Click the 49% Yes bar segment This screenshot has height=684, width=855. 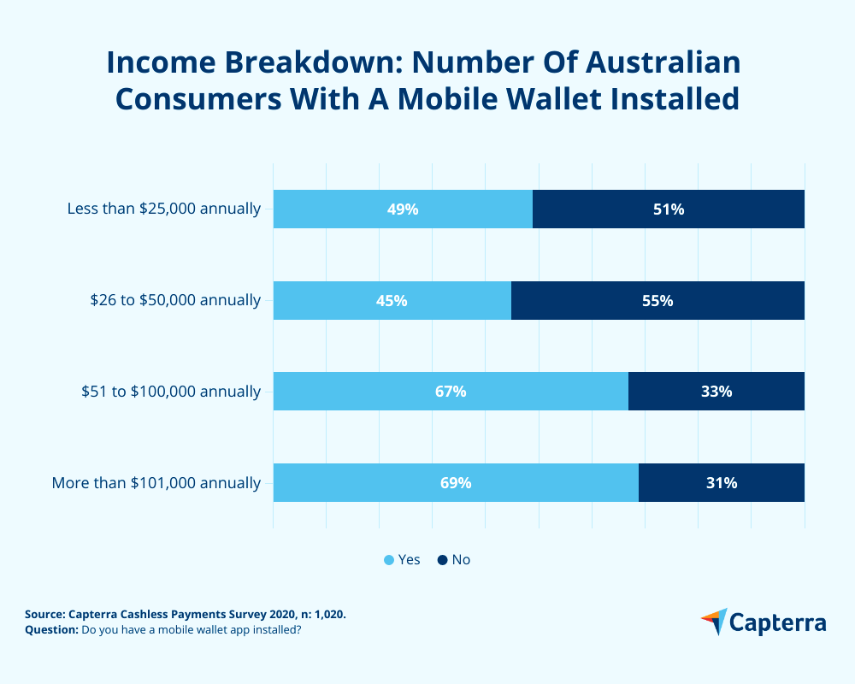(403, 209)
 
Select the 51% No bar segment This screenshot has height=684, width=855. (669, 209)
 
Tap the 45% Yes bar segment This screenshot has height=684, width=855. (392, 300)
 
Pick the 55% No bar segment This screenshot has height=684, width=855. (657, 300)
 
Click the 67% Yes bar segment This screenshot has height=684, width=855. (451, 392)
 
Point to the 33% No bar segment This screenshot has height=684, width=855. (716, 392)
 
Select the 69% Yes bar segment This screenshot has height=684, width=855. (456, 482)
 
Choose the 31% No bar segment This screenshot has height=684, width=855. (722, 482)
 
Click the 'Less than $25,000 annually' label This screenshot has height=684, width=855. (164, 209)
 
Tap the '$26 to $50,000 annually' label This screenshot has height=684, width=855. (175, 300)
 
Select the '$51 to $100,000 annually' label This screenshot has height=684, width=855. (171, 392)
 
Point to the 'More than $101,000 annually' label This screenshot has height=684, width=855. (156, 483)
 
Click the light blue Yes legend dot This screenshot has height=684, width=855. (389, 560)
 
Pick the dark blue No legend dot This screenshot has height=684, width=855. (442, 560)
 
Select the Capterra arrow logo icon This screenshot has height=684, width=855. (715, 622)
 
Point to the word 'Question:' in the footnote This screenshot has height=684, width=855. (51, 630)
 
